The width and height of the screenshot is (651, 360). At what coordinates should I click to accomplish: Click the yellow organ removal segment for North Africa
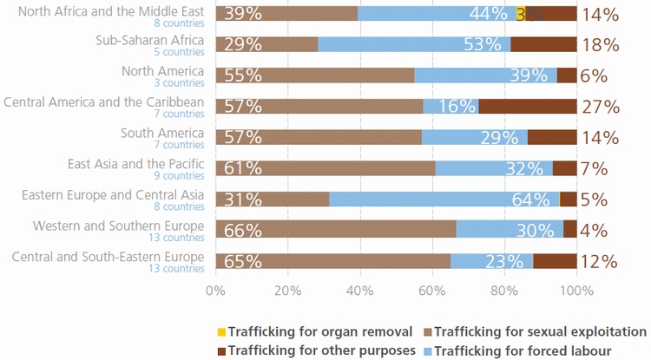520,13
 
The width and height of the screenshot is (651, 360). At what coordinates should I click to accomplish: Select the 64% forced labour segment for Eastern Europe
444,200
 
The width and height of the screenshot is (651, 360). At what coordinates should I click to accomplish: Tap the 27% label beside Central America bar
601,107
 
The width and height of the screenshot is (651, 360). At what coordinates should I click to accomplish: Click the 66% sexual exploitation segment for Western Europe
336,230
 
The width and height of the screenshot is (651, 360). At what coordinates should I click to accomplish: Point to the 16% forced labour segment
450,107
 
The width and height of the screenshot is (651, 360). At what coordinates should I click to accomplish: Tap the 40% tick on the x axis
359,291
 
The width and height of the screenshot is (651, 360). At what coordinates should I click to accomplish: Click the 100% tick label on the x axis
576,291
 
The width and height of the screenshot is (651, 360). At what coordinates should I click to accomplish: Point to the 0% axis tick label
215,291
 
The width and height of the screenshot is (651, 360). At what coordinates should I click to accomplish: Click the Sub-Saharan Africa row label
150,40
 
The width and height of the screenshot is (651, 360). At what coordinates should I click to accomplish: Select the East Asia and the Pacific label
136,163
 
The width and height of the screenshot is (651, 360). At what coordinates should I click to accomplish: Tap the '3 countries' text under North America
181,83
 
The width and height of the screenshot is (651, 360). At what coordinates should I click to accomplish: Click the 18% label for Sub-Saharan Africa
601,45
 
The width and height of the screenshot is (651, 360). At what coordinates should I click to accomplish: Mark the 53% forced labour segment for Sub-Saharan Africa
414,45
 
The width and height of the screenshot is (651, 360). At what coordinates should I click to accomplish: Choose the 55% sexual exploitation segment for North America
315,75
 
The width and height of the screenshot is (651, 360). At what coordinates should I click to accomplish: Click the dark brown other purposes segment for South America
552,137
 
